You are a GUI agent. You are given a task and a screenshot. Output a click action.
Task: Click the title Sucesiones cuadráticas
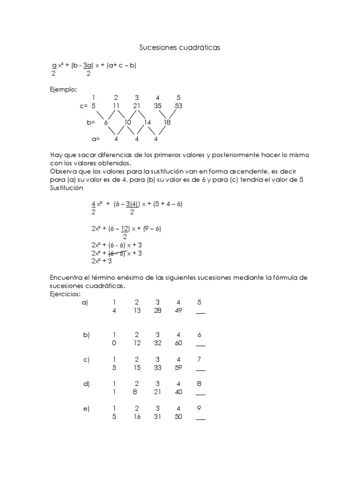[x=180, y=47]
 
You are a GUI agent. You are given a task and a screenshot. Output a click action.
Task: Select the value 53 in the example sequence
[x=178, y=106]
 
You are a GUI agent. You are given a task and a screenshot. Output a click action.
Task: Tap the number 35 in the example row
[x=157, y=106]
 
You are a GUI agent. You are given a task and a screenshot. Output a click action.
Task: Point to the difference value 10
[x=127, y=122]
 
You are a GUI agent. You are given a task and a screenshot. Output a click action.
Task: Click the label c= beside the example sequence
[x=84, y=106]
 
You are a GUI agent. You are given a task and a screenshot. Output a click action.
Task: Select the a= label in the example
[x=96, y=139]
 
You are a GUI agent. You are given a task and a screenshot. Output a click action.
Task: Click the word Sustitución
[x=67, y=188]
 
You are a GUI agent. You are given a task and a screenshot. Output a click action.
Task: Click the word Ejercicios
[x=65, y=294]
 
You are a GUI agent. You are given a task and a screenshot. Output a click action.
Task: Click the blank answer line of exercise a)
[x=200, y=314]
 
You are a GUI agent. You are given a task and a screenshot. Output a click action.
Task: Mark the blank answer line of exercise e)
[x=200, y=419]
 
